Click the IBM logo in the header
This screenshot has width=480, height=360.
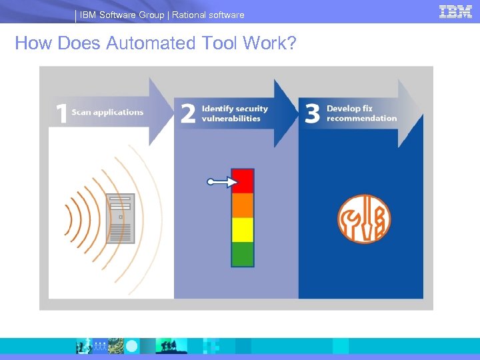[455, 11]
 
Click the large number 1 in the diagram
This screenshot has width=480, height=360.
[61, 113]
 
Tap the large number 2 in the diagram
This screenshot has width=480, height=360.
[188, 113]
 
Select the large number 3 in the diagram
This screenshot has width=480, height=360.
[312, 113]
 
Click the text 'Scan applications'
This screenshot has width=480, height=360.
[107, 112]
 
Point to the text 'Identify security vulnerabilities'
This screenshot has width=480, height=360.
[235, 113]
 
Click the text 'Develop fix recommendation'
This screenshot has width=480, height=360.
[361, 113]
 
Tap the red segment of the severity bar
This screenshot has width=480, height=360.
[243, 181]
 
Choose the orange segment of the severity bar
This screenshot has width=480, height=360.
[243, 205]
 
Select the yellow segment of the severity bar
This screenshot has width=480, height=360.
[243, 229]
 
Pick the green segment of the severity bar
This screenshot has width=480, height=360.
[243, 254]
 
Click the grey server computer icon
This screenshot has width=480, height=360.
[121, 218]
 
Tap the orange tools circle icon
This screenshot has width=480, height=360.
[363, 219]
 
